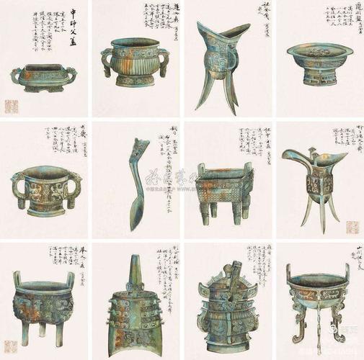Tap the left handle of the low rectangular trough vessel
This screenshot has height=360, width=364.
(x=15, y=74)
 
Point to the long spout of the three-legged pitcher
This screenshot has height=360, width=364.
(x=292, y=155)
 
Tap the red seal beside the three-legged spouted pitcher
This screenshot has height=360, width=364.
(x=352, y=228)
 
